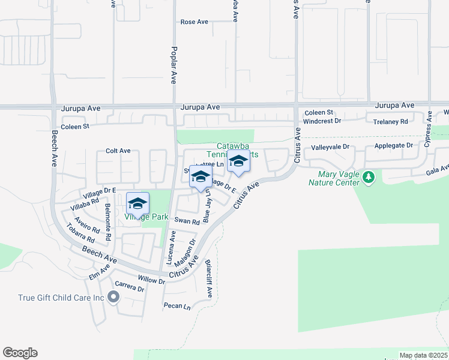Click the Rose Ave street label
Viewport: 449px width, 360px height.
194,22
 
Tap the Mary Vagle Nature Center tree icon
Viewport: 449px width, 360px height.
369,177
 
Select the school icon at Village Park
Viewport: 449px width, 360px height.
137,203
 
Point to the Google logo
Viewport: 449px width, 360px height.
20,353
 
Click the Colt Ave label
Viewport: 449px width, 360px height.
118,151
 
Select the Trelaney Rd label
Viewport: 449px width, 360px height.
390,121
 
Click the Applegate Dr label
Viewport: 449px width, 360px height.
394,146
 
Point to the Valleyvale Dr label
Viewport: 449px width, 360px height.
330,147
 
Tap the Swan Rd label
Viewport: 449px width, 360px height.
187,221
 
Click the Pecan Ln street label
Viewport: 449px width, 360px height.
176,306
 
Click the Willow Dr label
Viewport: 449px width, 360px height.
151,280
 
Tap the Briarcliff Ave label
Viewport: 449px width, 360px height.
209,279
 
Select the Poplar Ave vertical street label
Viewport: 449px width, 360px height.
173,64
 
